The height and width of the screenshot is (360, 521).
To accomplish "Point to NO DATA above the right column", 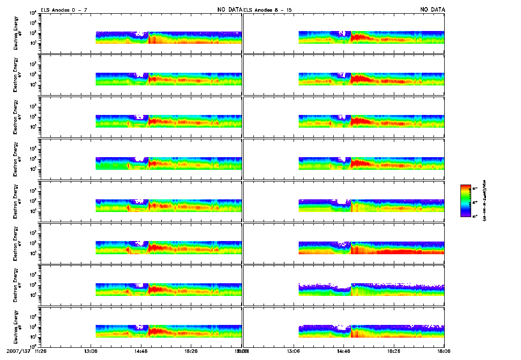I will [432, 9].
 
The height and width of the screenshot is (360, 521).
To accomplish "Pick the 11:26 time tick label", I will [42, 351].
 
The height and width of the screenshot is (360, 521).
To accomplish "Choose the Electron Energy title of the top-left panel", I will [16, 34].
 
